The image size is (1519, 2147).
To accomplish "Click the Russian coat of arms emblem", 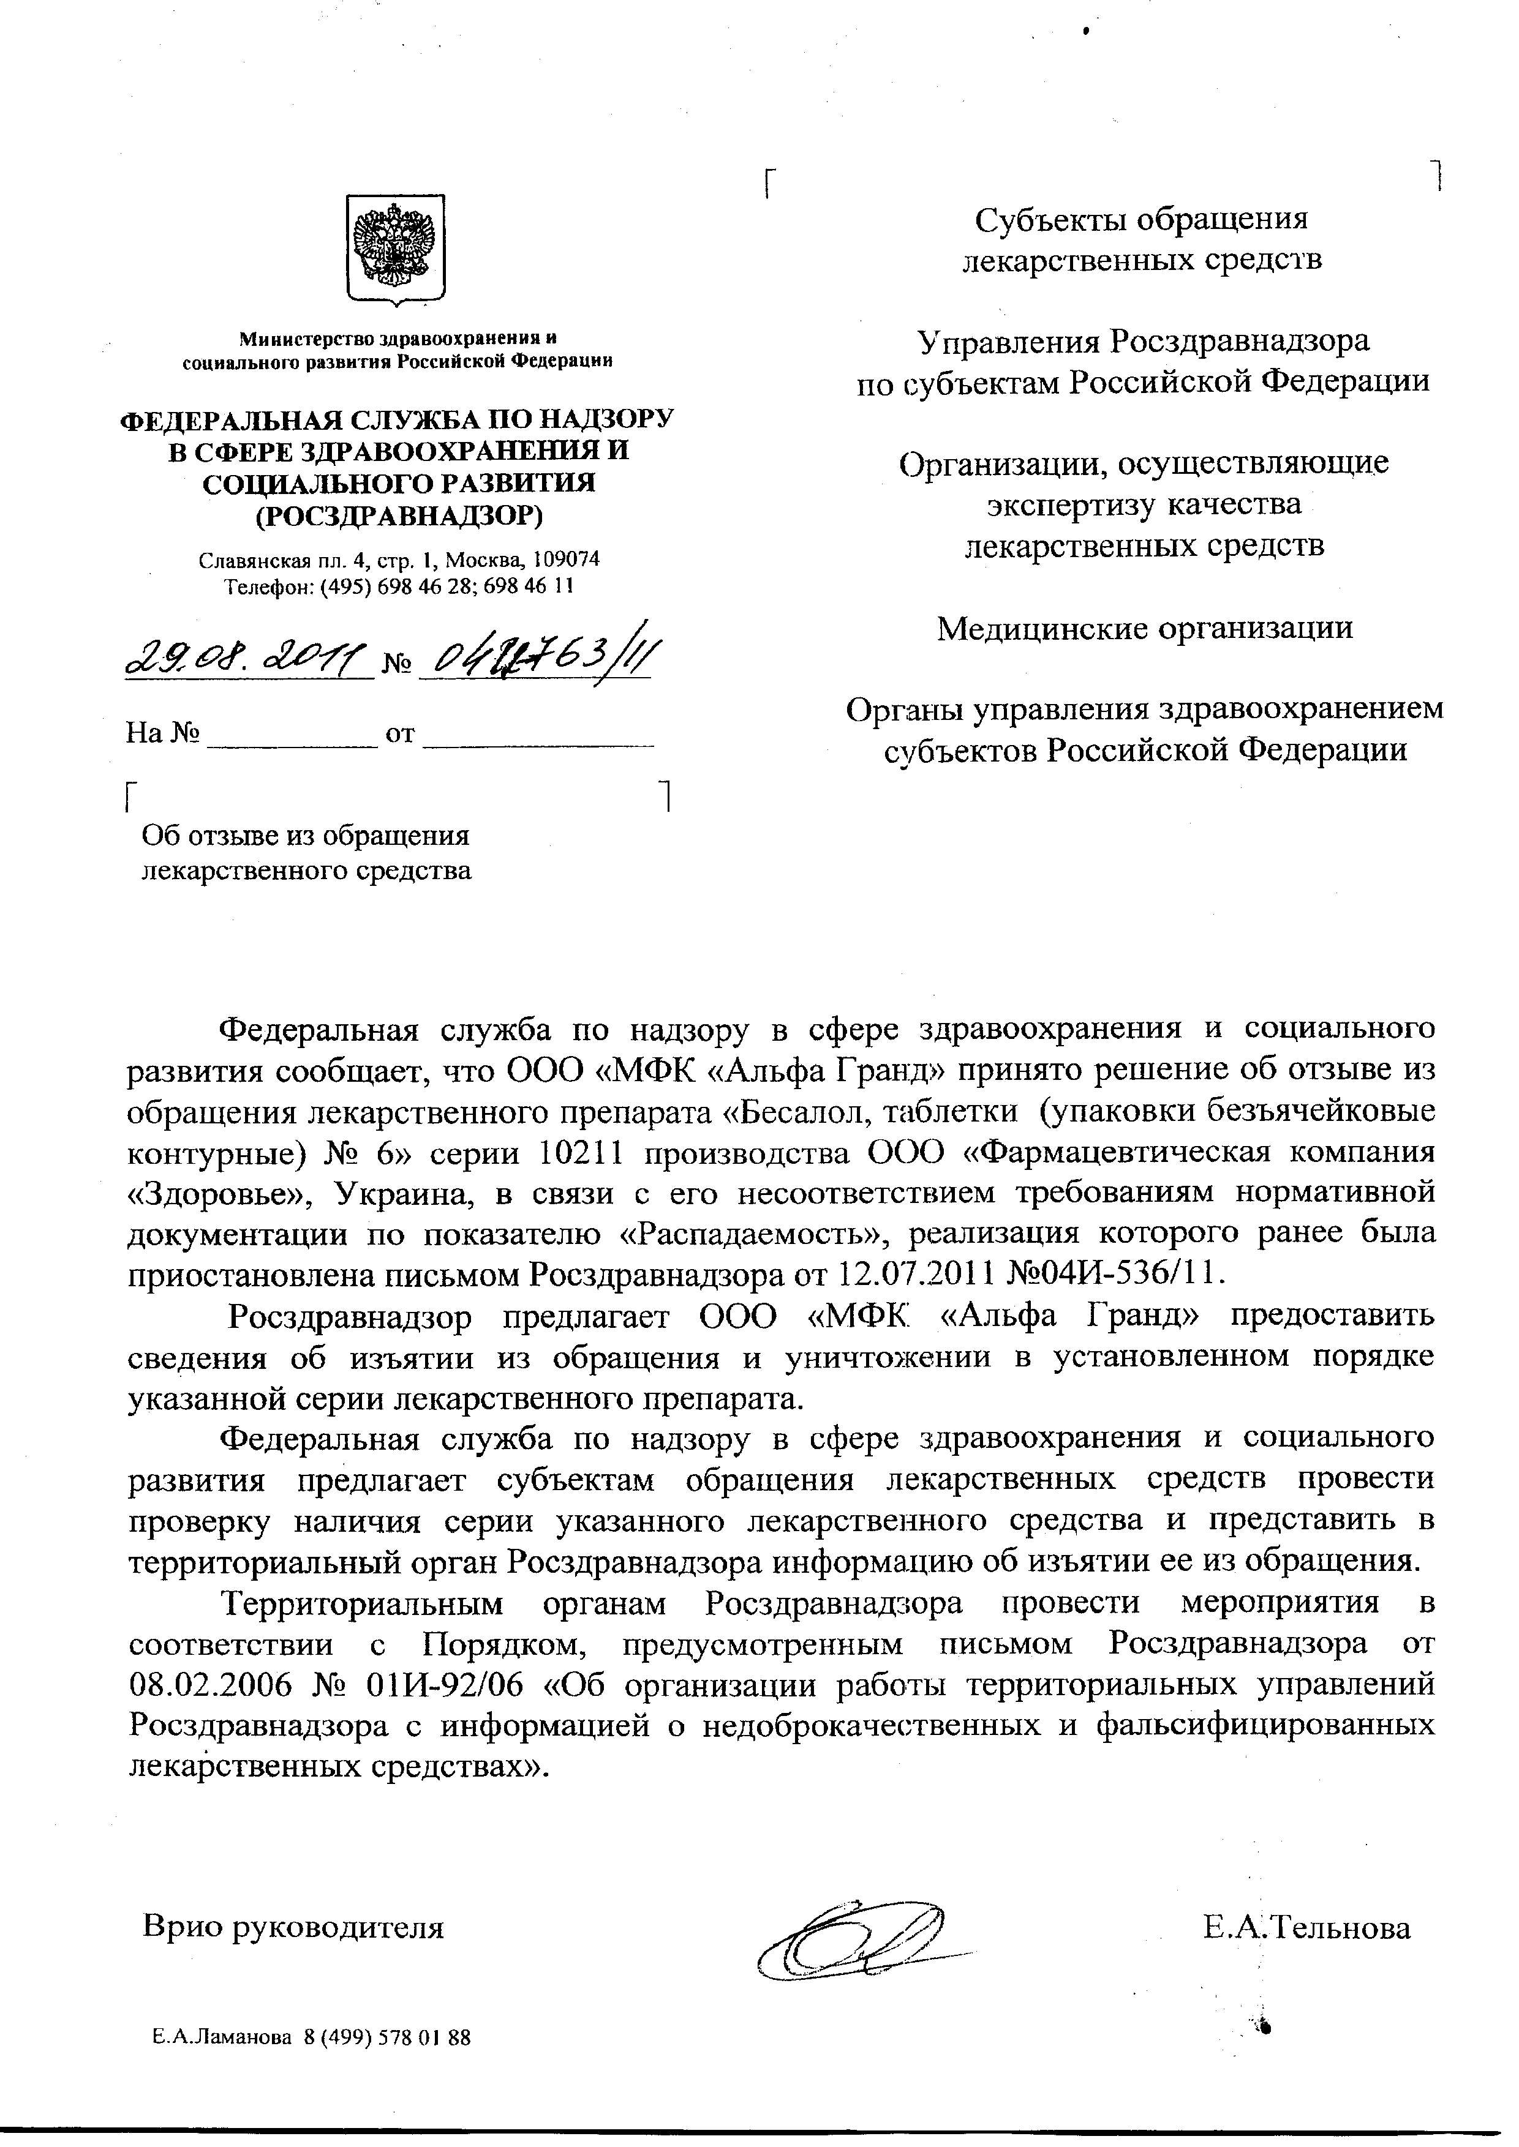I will coord(396,249).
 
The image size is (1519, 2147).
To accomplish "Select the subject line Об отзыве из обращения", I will coord(305,835).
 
